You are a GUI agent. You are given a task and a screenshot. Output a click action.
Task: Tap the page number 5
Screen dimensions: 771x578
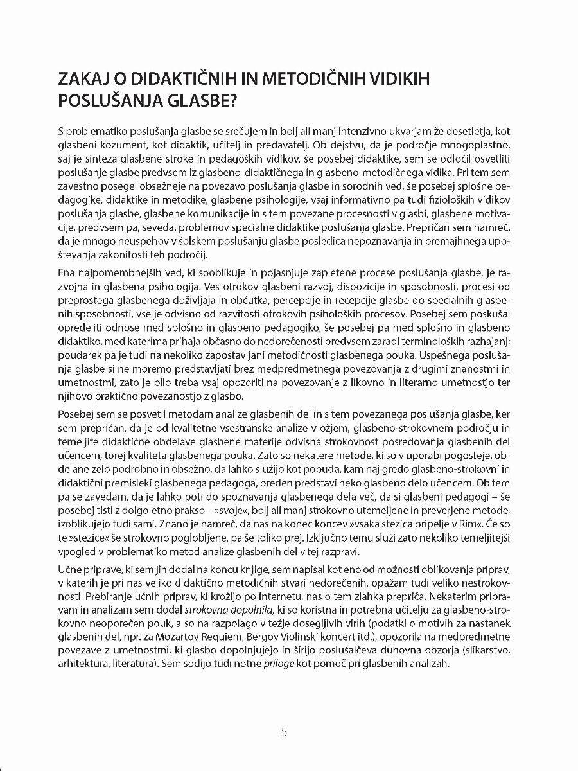285,732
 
